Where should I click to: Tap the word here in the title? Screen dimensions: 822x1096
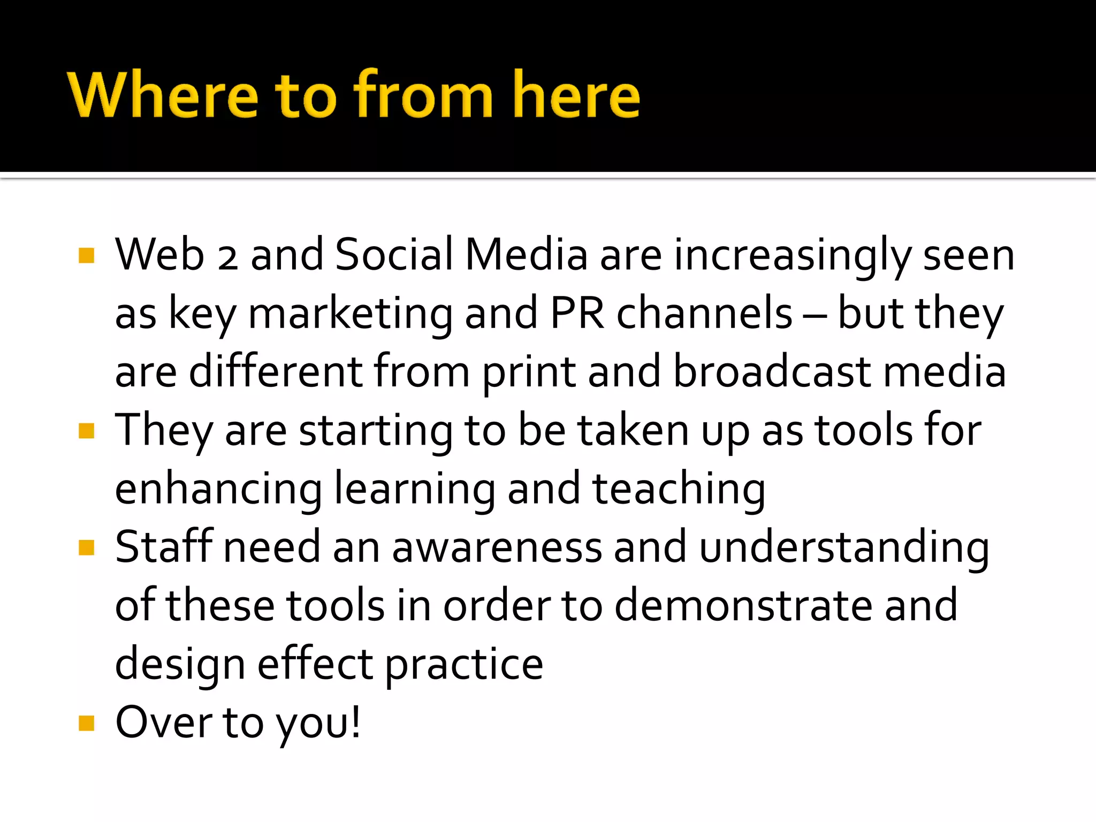coord(576,95)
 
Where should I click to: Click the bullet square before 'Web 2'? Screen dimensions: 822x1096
coord(86,255)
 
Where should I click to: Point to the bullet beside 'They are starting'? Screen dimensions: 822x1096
coord(86,431)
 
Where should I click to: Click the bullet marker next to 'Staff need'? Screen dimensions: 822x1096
coord(86,547)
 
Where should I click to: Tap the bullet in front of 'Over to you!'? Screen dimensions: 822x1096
coord(86,723)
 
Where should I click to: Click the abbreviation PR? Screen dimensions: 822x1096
coord(577,314)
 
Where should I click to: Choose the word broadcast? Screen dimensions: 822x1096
coord(771,372)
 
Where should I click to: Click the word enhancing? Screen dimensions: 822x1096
coord(218,490)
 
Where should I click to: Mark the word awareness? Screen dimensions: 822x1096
coord(497,549)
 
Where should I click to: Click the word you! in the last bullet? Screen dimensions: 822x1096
coord(318,724)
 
